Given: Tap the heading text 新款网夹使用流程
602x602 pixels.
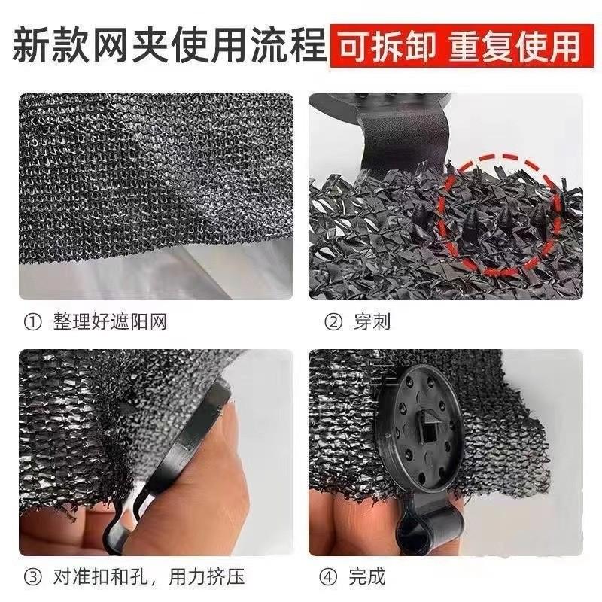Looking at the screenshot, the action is click(169, 46).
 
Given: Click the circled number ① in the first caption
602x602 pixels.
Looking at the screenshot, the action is click(32, 323).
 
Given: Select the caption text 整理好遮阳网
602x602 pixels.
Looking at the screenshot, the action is click(110, 322).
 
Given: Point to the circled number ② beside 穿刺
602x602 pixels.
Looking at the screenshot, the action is click(333, 323).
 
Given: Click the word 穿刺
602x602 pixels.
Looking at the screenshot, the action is click(372, 322).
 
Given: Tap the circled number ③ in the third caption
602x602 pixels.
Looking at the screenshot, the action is click(32, 576).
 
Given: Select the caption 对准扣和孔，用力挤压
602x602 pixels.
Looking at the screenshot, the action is click(149, 576).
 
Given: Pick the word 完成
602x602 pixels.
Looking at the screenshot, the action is click(366, 576).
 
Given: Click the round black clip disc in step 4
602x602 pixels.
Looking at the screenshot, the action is click(419, 429).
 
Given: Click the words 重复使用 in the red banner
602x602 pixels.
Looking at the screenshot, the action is click(515, 46).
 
